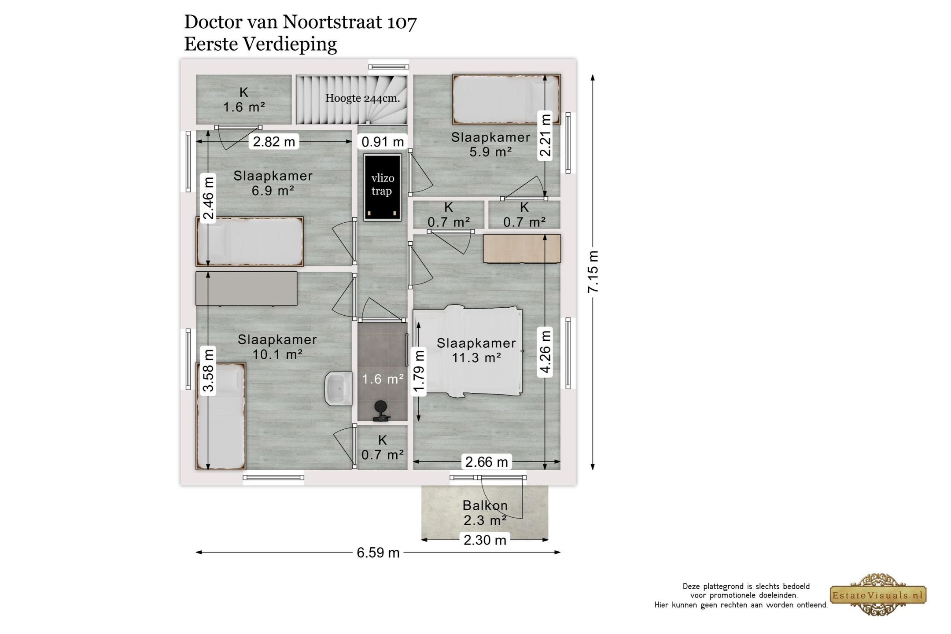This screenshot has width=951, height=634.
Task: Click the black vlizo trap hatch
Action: (382, 187)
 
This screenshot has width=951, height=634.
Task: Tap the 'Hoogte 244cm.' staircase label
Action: (363, 98)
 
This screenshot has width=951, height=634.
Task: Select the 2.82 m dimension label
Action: (274, 141)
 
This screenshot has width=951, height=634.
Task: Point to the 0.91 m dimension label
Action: (383, 141)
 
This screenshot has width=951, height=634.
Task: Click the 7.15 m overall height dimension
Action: (593, 272)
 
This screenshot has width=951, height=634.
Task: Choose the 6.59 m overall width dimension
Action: (378, 553)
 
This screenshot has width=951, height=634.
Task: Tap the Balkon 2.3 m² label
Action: (485, 513)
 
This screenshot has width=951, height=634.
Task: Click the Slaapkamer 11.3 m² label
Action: (476, 350)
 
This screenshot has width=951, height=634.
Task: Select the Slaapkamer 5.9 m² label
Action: (490, 144)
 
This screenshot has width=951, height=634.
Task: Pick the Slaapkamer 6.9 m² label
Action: (273, 183)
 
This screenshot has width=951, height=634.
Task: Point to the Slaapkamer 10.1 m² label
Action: (277, 346)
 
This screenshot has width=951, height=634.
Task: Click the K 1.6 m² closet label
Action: (244, 100)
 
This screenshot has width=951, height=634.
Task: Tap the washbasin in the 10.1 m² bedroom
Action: (339, 388)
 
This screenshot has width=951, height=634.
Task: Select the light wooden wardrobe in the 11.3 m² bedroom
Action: (522, 248)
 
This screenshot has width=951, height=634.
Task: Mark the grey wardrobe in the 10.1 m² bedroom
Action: (247, 288)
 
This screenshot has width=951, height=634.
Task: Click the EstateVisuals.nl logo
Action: (878, 595)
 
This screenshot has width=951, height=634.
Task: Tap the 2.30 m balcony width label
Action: (485, 539)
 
